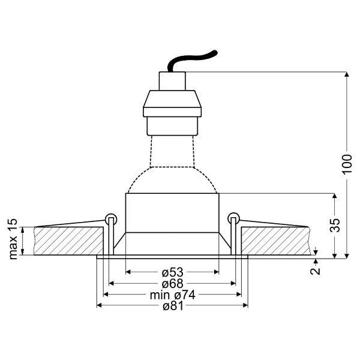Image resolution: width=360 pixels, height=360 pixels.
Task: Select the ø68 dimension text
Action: (x=172, y=283)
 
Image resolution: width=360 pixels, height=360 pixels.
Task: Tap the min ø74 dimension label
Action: (x=172, y=295)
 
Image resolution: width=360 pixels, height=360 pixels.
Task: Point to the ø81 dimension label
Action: (x=172, y=306)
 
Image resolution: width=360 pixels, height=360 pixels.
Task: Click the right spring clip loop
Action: (x=234, y=218)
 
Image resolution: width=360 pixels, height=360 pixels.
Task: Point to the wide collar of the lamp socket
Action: (x=172, y=103)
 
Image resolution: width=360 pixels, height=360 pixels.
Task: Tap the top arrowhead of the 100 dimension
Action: (x=347, y=76)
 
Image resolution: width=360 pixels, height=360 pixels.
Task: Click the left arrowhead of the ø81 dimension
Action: (x=100, y=306)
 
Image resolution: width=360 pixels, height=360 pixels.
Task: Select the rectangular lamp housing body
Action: (x=172, y=213)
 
